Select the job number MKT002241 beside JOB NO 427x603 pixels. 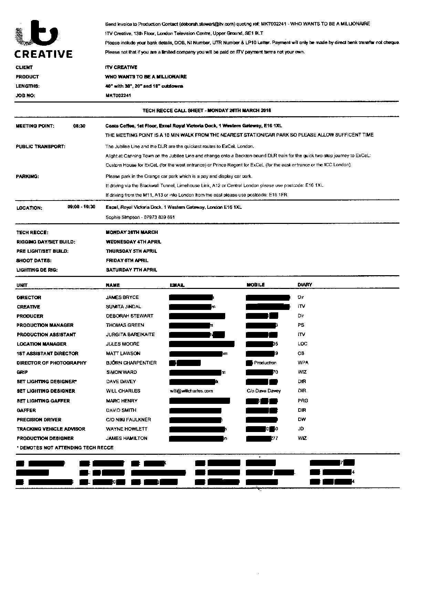[118, 96]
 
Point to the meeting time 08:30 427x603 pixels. [79, 126]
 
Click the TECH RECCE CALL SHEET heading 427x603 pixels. [207, 110]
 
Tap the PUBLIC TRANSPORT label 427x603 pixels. [41, 147]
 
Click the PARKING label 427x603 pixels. [27, 176]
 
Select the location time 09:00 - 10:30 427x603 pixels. [82, 207]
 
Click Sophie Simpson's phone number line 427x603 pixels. [140, 217]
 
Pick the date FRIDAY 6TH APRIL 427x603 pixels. [127, 260]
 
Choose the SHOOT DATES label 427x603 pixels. [34, 261]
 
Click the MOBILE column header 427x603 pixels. [256, 285]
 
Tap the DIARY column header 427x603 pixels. [305, 285]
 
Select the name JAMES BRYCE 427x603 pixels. [122, 297]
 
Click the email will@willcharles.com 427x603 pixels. [191, 391]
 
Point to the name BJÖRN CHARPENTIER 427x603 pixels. [131, 363]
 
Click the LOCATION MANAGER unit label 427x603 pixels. [42, 344]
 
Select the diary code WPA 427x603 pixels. [303, 363]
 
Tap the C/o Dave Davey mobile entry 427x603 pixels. [264, 391]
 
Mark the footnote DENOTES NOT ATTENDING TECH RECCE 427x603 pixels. [65, 448]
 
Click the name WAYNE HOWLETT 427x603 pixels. [127, 429]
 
